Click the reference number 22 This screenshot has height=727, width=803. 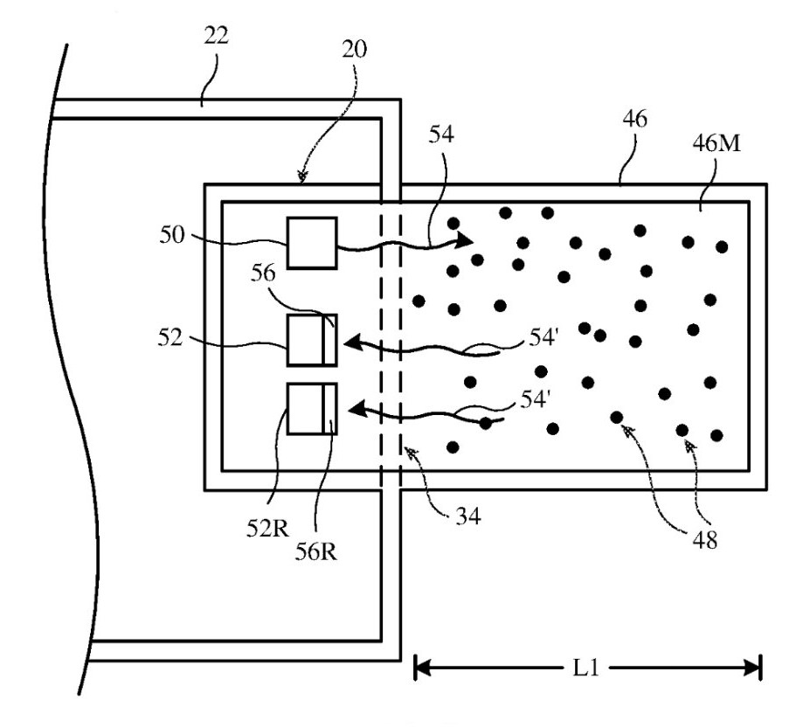pyautogui.click(x=216, y=36)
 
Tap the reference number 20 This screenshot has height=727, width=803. pyautogui.click(x=355, y=49)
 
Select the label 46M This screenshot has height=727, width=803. pyautogui.click(x=716, y=142)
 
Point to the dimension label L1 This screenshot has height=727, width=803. pyautogui.click(x=585, y=668)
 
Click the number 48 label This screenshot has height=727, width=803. pyautogui.click(x=704, y=540)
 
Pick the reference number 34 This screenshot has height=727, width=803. pyautogui.click(x=468, y=516)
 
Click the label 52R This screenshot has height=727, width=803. pyautogui.click(x=267, y=529)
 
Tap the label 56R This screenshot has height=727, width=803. pyautogui.click(x=316, y=551)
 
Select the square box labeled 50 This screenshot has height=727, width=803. pyautogui.click(x=312, y=243)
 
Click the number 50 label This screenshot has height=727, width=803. pyautogui.click(x=171, y=235)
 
